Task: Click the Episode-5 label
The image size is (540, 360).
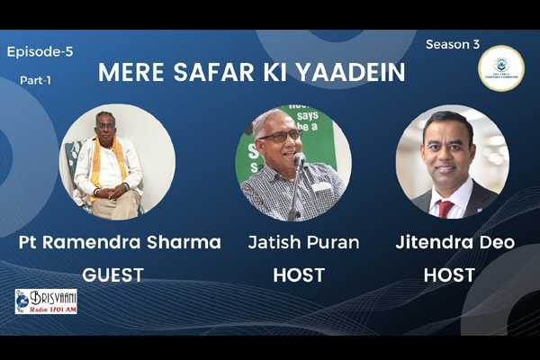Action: pyautogui.click(x=40, y=52)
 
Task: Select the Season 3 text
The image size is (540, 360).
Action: pyautogui.click(x=452, y=44)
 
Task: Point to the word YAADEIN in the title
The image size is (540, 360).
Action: pyautogui.click(x=348, y=73)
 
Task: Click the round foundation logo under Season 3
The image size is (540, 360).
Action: pyautogui.click(x=500, y=68)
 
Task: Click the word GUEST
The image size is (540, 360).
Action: pyautogui.click(x=112, y=275)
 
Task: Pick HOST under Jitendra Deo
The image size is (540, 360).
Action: pyautogui.click(x=450, y=275)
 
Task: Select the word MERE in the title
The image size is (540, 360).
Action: pyautogui.click(x=130, y=73)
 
